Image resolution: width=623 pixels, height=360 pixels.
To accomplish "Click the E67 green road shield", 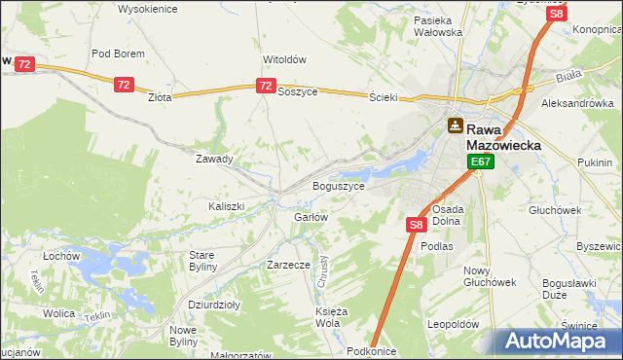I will pos(480,162).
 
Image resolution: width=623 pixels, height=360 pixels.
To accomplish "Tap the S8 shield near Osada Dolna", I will pos(416,225).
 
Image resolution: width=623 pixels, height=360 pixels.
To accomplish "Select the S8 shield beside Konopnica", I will pos(556,14).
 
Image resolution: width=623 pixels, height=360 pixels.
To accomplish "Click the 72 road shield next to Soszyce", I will pos(265,87).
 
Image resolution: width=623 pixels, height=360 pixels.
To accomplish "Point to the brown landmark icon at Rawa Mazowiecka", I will pos(455,126).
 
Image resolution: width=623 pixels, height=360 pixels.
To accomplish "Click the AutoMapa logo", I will pos(559,341).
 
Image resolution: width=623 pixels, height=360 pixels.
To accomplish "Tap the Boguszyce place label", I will pos(338,185).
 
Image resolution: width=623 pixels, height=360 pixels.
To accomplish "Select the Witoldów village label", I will pos(285,59).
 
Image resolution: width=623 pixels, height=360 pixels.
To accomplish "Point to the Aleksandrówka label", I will pos(578,102).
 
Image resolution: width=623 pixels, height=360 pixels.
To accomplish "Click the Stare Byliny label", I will pos(206,260).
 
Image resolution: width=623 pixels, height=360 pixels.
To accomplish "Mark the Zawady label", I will pos(214,159).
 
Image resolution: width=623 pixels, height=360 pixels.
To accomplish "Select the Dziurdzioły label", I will pos(214,304).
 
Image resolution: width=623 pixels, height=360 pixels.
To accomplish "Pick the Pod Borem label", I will pos(118,54).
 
